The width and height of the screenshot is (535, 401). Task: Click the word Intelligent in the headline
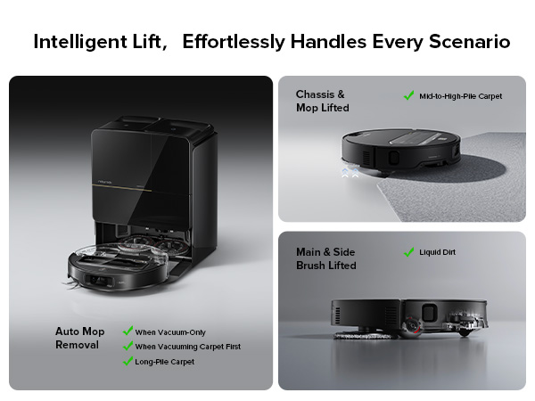pyautogui.click(x=80, y=42)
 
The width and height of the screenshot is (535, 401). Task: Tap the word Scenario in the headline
pyautogui.click(x=470, y=41)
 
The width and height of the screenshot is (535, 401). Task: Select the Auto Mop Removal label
pyautogui.click(x=80, y=338)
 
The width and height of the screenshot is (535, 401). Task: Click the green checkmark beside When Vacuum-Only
pyautogui.click(x=128, y=331)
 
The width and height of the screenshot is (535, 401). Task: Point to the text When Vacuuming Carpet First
pyautogui.click(x=187, y=347)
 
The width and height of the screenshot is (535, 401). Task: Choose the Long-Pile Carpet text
pyautogui.click(x=164, y=362)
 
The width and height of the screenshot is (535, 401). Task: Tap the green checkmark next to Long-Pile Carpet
pyautogui.click(x=128, y=361)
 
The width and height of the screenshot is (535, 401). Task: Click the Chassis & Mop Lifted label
pyautogui.click(x=323, y=101)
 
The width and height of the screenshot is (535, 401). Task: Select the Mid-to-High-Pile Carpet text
pyautogui.click(x=461, y=96)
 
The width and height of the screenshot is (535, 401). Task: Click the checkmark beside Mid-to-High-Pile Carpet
pyautogui.click(x=408, y=95)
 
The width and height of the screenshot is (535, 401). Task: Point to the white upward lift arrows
pyautogui.click(x=350, y=173)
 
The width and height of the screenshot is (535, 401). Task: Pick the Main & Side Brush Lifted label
pyautogui.click(x=325, y=258)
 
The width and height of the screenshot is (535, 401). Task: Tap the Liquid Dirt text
pyautogui.click(x=438, y=252)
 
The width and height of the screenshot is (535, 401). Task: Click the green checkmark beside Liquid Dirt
pyautogui.click(x=408, y=252)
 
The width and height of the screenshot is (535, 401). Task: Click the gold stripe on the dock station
pyautogui.click(x=121, y=188)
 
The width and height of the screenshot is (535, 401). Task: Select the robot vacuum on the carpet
pyautogui.click(x=401, y=151)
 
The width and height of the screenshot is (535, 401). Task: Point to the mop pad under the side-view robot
pyautogui.click(x=365, y=336)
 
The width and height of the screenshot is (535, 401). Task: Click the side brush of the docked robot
pyautogui.click(x=72, y=285)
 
